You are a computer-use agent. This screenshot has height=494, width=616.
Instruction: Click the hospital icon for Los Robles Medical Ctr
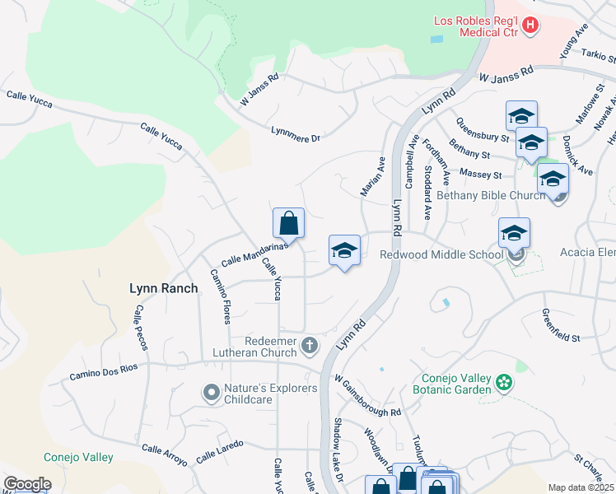[530, 26]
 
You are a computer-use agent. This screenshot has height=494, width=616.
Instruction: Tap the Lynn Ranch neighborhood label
[163, 288]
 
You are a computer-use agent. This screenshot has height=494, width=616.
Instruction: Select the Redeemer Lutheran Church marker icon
[310, 345]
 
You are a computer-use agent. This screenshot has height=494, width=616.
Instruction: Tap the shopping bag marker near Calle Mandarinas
[288, 223]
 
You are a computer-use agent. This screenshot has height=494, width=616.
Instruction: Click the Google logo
[27, 484]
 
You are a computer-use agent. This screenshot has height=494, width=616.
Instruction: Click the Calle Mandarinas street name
[253, 252]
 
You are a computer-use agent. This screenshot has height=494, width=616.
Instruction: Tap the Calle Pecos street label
[140, 328]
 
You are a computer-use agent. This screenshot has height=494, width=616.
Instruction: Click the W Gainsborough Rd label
[367, 396]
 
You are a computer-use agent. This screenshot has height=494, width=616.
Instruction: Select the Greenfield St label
[561, 326]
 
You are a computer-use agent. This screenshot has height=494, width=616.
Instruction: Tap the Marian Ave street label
[372, 176]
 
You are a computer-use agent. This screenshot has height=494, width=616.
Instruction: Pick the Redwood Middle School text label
[441, 255]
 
